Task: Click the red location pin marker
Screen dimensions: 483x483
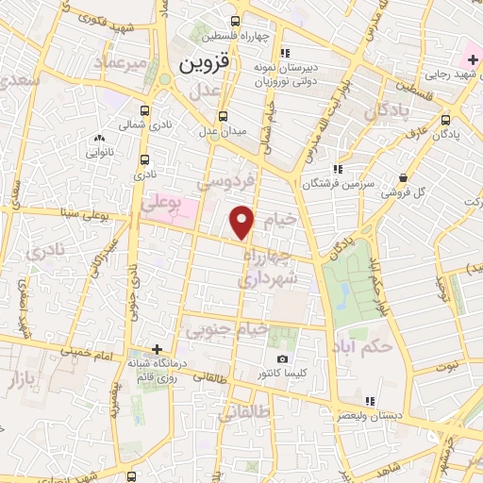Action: coord(242,222)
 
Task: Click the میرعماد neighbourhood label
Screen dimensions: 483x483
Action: coord(121,61)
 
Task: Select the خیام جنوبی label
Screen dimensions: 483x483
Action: coord(225,330)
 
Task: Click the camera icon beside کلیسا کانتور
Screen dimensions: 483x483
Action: coord(283,359)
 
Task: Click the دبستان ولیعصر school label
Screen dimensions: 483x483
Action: coord(376,416)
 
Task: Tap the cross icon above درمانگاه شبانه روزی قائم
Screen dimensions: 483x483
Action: coord(158,349)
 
